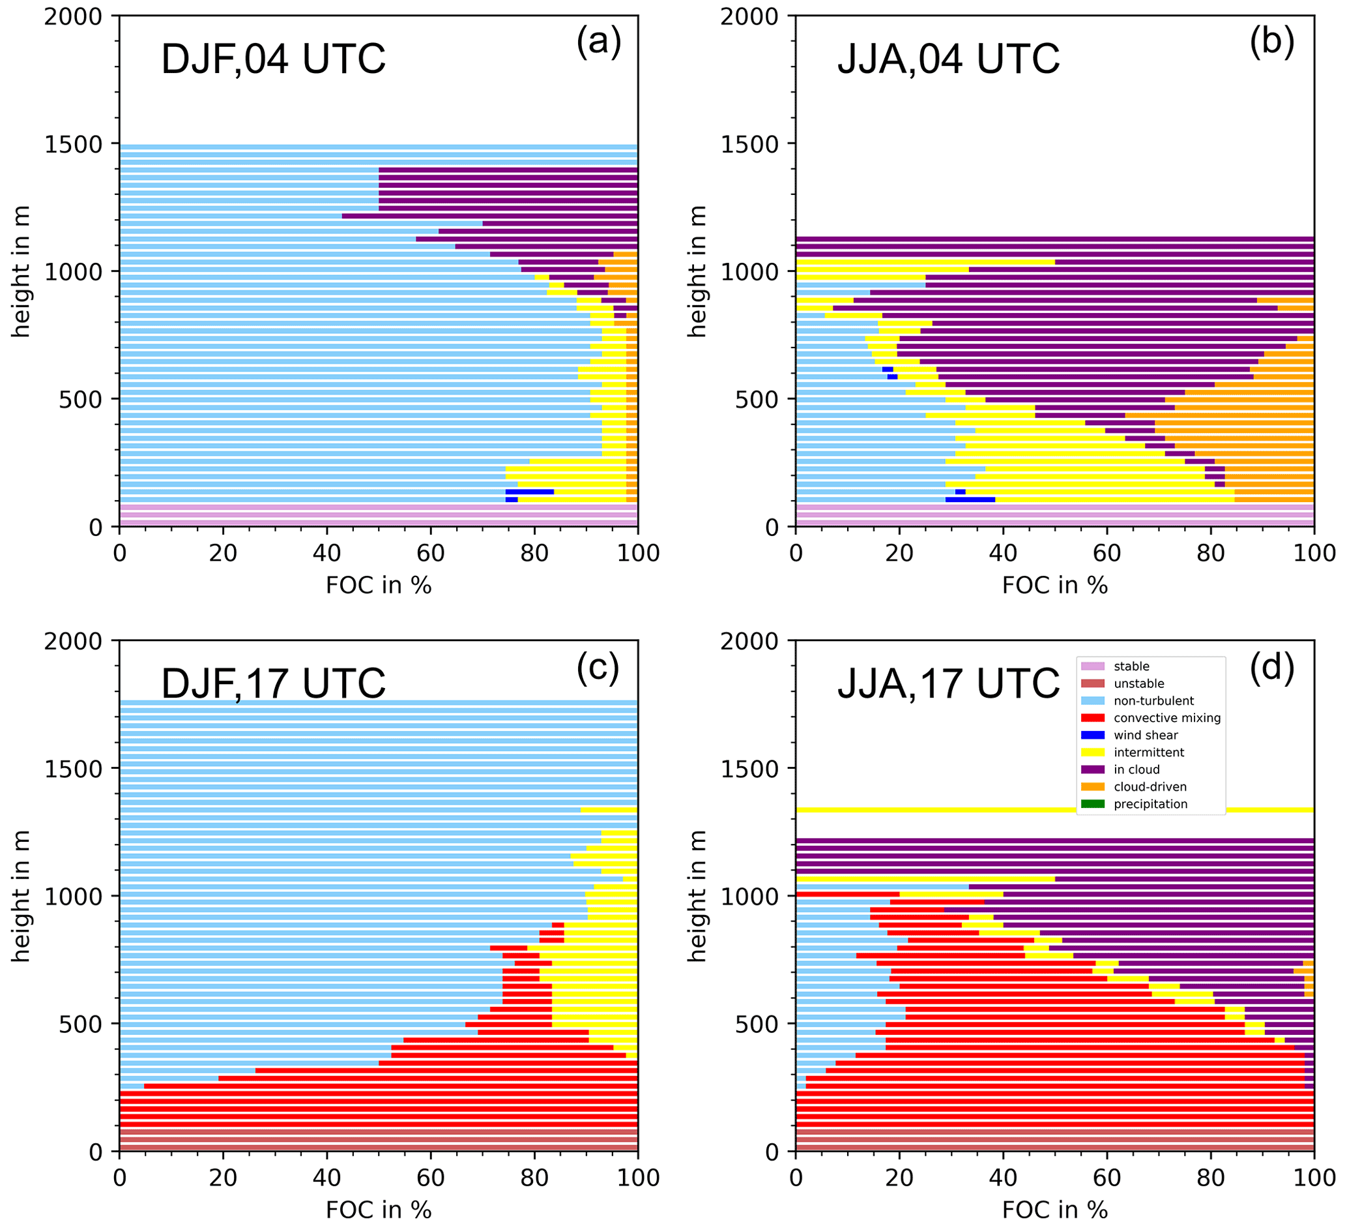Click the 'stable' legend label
click(1131, 666)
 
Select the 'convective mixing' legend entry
click(1166, 718)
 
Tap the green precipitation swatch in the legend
click(1092, 804)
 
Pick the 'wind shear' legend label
click(1146, 736)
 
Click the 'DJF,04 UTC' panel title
click(273, 59)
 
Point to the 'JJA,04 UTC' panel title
click(948, 59)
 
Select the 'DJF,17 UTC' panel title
click(273, 683)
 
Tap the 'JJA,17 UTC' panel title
click(948, 683)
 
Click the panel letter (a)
click(599, 42)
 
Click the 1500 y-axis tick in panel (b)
click(749, 144)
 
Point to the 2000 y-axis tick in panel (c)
click(73, 641)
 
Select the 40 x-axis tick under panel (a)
click(326, 554)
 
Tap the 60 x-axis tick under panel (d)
click(1107, 1178)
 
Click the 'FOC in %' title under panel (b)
click(1054, 586)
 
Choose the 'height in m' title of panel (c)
click(22, 896)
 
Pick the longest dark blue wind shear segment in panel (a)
click(529, 491)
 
